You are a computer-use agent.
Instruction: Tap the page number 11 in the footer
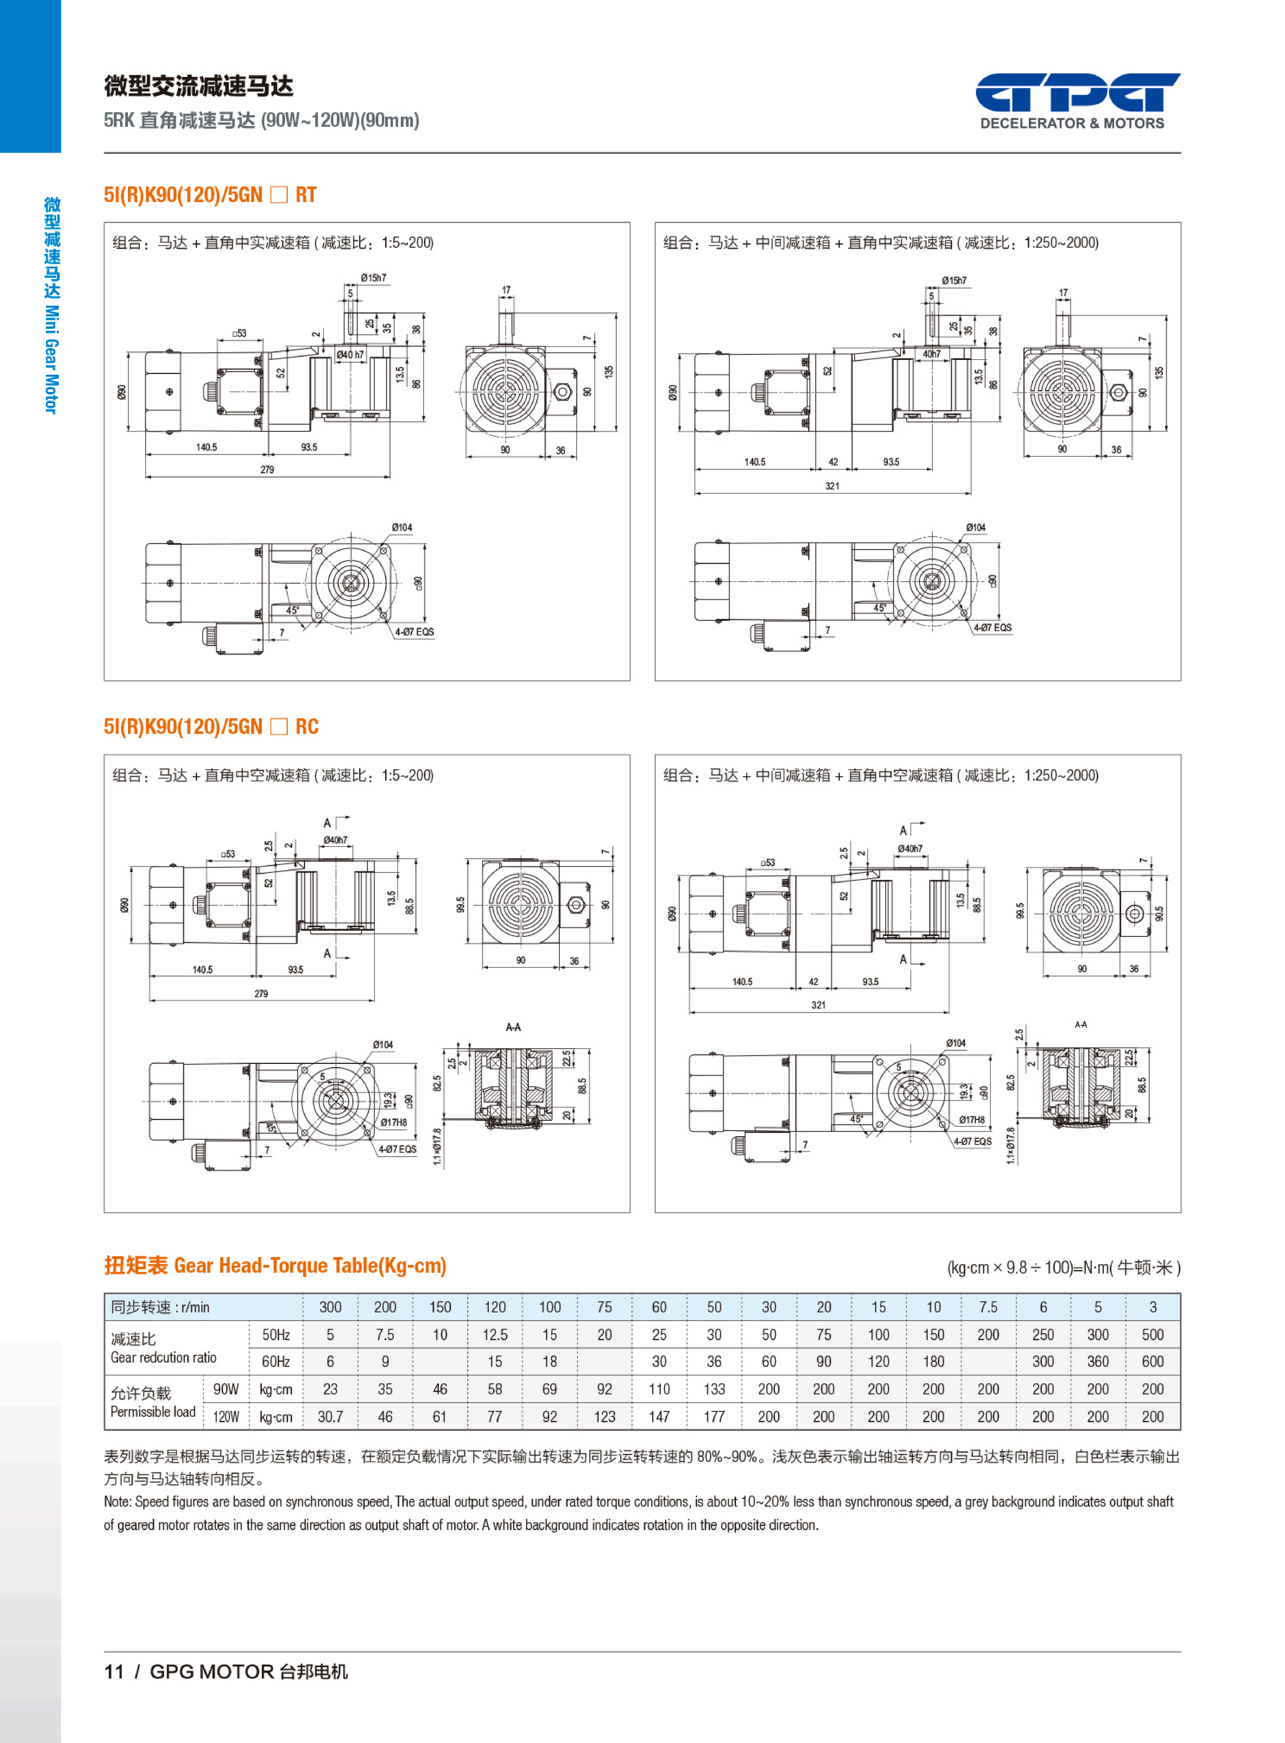(114, 1671)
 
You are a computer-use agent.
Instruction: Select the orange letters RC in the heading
(306, 727)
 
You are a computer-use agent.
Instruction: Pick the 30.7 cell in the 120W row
(330, 1417)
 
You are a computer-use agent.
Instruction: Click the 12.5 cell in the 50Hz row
(495, 1335)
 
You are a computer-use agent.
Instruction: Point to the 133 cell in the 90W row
(714, 1389)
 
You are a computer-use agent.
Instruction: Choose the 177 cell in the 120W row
(714, 1417)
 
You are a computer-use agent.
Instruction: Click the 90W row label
(226, 1389)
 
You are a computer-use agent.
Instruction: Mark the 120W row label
(226, 1417)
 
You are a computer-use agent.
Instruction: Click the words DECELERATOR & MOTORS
(1072, 123)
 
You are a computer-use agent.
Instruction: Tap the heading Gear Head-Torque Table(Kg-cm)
(310, 1266)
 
